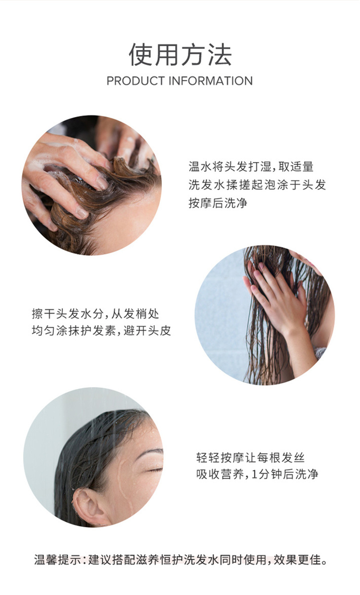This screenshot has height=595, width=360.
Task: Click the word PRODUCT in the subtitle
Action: coord(136,81)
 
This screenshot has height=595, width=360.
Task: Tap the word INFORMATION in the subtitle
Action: coord(211,81)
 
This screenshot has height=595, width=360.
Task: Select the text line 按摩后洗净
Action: coord(218,203)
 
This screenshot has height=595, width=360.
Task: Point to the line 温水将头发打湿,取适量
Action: coord(251,167)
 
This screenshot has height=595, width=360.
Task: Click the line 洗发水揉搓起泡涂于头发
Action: coord(257,185)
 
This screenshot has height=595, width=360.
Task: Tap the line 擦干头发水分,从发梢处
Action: coord(96,314)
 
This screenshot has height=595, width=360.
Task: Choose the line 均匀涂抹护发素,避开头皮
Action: coord(101,331)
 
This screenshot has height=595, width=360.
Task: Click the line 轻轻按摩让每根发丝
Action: coord(250,457)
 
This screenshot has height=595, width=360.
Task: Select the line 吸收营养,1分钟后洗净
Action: coord(257,474)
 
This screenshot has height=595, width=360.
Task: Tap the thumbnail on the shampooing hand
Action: coord(102,183)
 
